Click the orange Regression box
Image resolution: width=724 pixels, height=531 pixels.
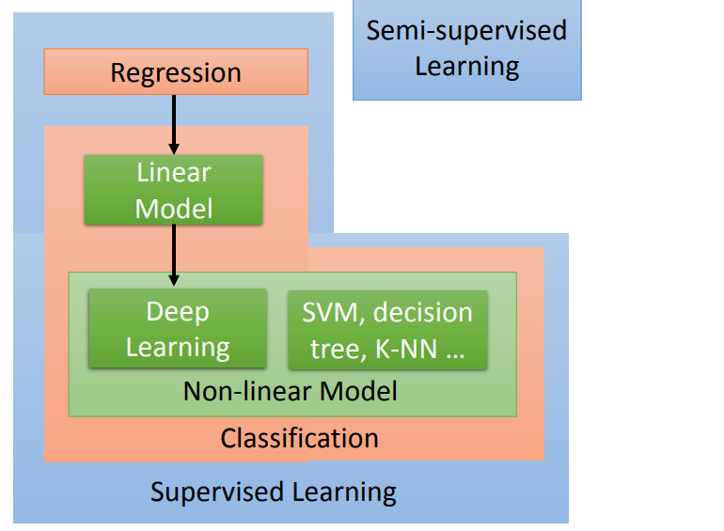click(x=176, y=72)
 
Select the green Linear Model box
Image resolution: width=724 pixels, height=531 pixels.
click(x=174, y=190)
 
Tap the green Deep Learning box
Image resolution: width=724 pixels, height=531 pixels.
click(x=178, y=329)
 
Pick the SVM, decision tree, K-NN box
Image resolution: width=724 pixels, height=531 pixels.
click(x=386, y=329)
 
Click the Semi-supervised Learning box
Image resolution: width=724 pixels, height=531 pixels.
click(x=466, y=49)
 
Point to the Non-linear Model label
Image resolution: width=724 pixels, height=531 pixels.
click(x=291, y=390)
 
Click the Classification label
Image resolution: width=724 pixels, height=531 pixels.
click(x=299, y=438)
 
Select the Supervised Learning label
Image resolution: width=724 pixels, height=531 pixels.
click(x=273, y=492)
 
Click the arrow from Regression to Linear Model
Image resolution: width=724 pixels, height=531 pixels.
click(x=174, y=122)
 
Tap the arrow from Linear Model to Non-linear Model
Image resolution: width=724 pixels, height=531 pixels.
click(x=174, y=254)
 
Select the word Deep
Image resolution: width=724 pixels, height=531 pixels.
click(x=178, y=312)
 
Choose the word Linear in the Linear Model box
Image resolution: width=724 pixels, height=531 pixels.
click(x=174, y=173)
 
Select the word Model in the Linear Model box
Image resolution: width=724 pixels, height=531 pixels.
click(x=174, y=208)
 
